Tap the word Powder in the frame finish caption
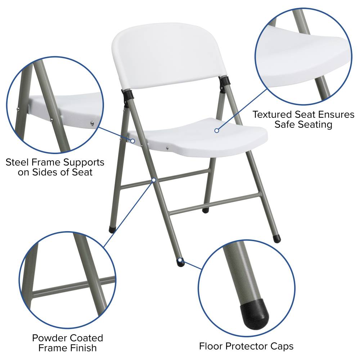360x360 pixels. pos(49,338)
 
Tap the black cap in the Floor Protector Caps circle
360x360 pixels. pos(255,314)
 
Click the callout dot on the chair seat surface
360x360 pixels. pos(216,130)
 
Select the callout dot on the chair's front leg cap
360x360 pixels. pos(180,260)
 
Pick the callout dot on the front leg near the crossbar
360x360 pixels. pos(154,180)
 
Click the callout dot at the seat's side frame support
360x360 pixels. pos(133,141)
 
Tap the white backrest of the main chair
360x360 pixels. pos(169,55)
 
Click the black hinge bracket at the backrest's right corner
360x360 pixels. pos(224,82)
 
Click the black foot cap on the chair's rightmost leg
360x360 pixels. pos(276,239)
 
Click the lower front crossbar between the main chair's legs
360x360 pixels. pos(215,204)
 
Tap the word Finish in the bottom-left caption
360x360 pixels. pos(84,348)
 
